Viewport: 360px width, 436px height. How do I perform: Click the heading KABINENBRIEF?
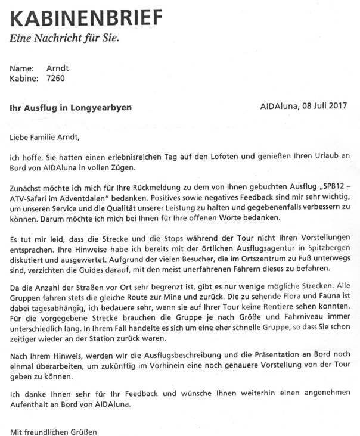pos(86,18)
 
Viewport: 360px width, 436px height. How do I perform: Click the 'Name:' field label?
pos(22,68)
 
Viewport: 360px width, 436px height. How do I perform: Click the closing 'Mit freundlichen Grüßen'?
pos(54,431)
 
